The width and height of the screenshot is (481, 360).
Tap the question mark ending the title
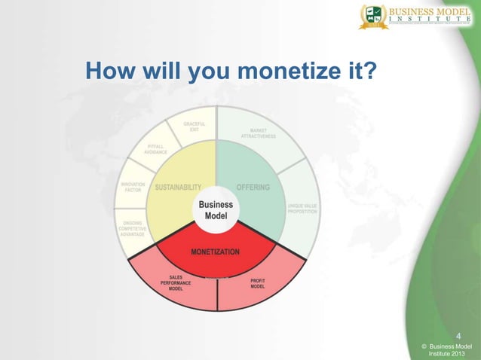pos(372,73)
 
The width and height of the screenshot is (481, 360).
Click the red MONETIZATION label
pos(215,251)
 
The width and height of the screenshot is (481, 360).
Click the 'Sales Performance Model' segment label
pos(176,282)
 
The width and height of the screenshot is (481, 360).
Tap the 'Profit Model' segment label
pos(257,285)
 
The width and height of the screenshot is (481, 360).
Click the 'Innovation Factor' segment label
pos(133,187)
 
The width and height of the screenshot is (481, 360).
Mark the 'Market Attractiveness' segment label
pos(258,133)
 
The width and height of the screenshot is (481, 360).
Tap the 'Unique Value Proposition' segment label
pos(302,208)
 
